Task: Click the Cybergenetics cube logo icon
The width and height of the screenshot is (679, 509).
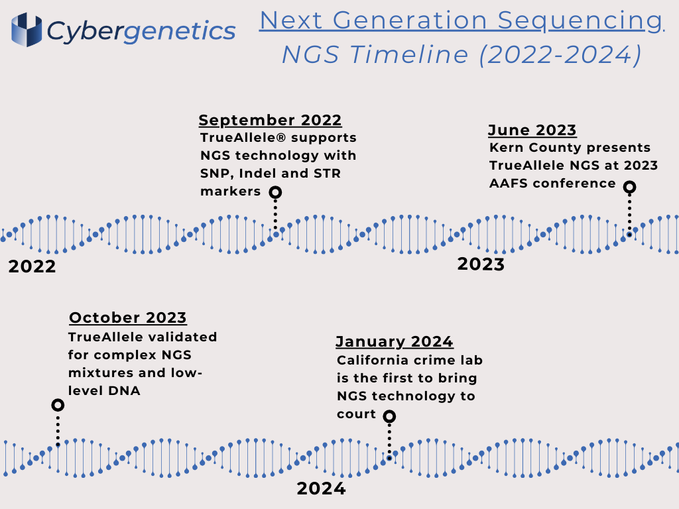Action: point(27,29)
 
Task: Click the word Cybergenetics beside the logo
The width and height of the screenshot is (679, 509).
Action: point(141,32)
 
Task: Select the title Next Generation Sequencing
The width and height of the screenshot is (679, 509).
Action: point(462,21)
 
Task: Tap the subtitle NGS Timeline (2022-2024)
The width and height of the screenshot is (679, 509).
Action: point(462,55)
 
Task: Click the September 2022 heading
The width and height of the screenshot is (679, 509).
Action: point(271,120)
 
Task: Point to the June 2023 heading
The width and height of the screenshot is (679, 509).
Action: point(532,130)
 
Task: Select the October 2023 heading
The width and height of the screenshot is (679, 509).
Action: point(128,317)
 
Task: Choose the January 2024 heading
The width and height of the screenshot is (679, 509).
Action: point(395,341)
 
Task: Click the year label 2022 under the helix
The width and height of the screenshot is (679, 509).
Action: point(32,266)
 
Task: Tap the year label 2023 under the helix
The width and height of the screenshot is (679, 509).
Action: point(481,264)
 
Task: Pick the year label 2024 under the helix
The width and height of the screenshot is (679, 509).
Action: point(322,488)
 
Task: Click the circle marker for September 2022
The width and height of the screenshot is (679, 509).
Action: point(275,192)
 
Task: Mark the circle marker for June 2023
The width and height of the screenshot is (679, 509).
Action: point(630,187)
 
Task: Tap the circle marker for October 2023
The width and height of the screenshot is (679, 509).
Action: point(58,405)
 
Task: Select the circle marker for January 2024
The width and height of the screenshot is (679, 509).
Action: point(389,416)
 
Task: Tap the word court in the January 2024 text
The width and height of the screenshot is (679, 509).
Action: point(356,414)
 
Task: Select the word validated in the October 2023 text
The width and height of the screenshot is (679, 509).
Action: point(182,337)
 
